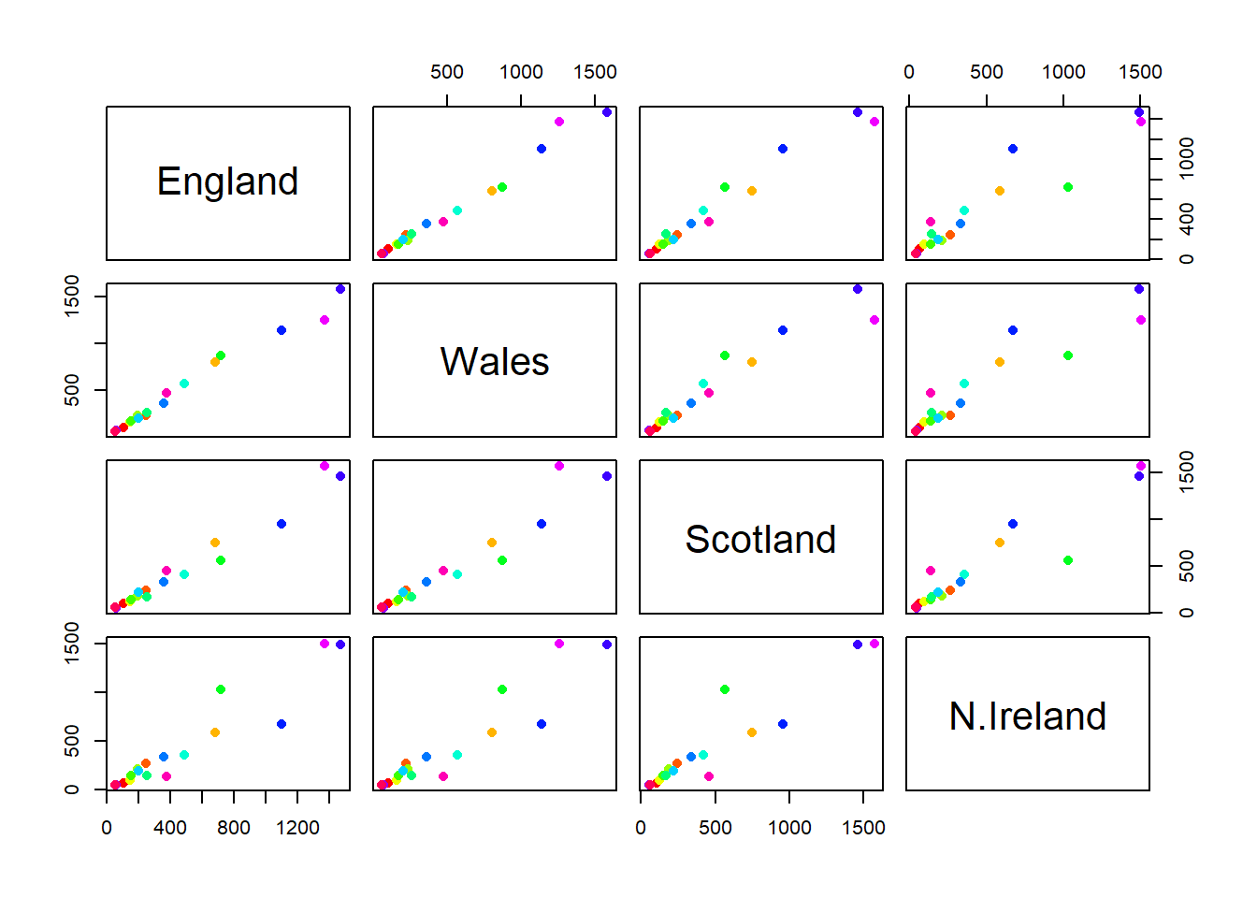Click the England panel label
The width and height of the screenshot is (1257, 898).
227,181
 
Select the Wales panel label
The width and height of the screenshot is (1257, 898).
495,361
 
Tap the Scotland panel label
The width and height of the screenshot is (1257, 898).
760,539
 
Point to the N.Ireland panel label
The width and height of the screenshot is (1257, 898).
1028,716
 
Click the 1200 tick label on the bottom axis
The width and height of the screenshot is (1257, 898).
297,828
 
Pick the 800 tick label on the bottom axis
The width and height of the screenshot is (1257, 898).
234,828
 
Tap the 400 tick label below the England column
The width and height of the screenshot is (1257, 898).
170,828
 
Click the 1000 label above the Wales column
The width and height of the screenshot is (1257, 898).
521,72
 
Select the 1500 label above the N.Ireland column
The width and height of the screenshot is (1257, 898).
1140,72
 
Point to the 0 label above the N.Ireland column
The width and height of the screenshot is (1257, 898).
909,72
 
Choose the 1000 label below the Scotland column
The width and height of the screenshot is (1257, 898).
789,828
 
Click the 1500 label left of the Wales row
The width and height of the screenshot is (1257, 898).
72,296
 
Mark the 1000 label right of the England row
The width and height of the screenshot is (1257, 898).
1187,158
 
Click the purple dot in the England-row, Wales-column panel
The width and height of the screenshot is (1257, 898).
607,112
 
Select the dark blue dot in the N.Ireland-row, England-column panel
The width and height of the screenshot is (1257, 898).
282,724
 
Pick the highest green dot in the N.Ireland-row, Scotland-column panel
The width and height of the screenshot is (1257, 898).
725,689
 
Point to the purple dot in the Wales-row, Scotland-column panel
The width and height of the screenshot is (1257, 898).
858,289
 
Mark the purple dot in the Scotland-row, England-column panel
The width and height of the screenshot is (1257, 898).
340,476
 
